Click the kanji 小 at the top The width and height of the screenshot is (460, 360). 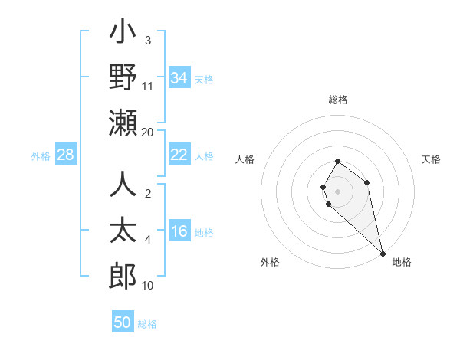[123, 34]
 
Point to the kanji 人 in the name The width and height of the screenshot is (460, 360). [123, 186]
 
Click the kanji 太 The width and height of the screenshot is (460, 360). [123, 231]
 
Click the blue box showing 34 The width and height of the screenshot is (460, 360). [179, 77]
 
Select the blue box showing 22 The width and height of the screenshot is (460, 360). [179, 155]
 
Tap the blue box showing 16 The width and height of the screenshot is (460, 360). [179, 232]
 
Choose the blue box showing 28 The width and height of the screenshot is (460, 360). [66, 155]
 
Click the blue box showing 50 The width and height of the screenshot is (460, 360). [123, 322]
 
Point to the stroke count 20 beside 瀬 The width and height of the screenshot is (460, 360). [148, 132]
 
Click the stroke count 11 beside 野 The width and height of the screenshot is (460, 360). [148, 87]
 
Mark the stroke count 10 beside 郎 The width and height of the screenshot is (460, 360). [148, 286]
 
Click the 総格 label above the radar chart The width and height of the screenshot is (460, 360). [338, 100]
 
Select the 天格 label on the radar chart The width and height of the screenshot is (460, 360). [432, 159]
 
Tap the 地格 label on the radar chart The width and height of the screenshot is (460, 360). [402, 262]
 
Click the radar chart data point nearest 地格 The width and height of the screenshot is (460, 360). [382, 253]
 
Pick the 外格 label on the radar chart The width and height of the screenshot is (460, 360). [270, 262]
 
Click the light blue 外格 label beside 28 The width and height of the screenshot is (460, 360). [41, 156]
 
